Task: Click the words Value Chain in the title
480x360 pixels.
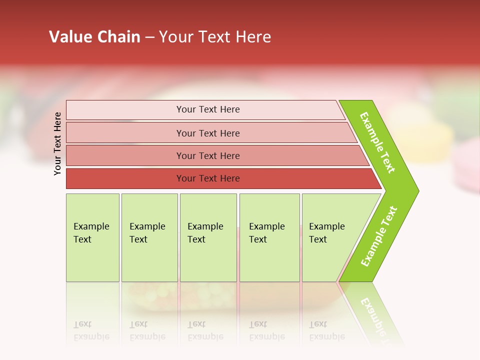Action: [x=94, y=37]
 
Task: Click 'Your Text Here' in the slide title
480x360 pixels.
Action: [x=215, y=37]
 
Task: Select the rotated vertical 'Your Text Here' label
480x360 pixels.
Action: [x=57, y=143]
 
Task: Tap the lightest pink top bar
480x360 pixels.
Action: [x=125, y=110]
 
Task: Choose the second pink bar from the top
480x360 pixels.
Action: [x=125, y=133]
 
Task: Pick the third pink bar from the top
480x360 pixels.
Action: [x=125, y=155]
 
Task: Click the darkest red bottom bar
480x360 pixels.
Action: [x=125, y=178]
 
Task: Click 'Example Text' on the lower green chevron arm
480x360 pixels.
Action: [x=379, y=236]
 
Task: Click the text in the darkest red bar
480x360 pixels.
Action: [x=208, y=178]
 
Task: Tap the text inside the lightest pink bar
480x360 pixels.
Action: [x=208, y=109]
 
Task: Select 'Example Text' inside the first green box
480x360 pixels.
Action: [x=91, y=233]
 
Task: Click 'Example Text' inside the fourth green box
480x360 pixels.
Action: [x=266, y=233]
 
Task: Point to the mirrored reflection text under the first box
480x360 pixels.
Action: [x=91, y=330]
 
